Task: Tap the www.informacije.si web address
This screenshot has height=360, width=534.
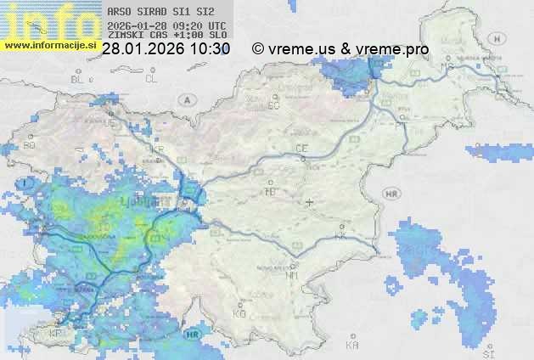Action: point(50,45)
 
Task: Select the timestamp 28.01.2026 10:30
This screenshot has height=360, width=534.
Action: point(166,49)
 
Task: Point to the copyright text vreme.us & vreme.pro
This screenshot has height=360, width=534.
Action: point(340,49)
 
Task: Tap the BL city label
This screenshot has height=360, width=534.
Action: point(80,79)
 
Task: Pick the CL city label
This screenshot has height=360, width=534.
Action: point(151,79)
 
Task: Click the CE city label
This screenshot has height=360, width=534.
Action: point(301,149)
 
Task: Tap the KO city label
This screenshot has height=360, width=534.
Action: point(239,313)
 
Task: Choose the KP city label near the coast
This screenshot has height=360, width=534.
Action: point(55,333)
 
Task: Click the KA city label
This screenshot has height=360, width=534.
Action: point(352,346)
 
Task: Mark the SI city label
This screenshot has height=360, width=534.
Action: point(487,350)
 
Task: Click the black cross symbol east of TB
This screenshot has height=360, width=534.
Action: point(309,202)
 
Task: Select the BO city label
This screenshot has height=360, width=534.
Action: point(30,145)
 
